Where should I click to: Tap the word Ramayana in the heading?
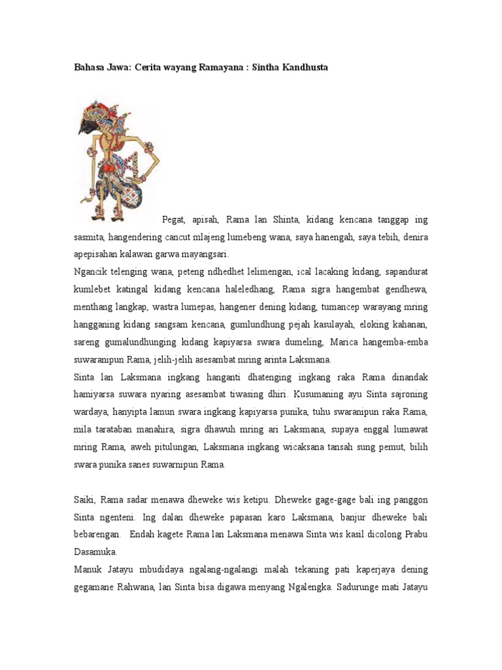(x=206, y=67)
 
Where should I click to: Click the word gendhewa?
(x=405, y=289)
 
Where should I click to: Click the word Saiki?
(x=84, y=501)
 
